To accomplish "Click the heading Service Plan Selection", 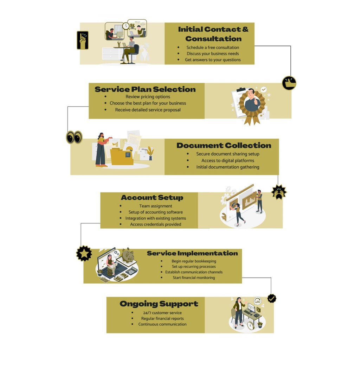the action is tap(145, 89).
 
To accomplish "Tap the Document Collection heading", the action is tap(224, 145).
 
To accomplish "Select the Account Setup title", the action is tap(152, 198).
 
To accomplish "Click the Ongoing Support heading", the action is tap(159, 304).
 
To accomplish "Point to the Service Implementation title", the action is tap(192, 253).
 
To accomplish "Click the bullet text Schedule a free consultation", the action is tap(213, 47).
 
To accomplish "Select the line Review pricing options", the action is tap(148, 97).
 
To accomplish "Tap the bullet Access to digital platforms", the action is tap(228, 160).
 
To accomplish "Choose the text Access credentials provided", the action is tap(156, 224).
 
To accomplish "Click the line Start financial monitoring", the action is tap(194, 278).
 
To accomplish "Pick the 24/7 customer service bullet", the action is tap(162, 313).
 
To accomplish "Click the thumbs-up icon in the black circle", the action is tap(289, 83).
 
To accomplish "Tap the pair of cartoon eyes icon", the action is tap(74, 137).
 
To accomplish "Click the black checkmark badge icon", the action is tap(272, 298).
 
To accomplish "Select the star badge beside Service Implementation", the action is tap(84, 253).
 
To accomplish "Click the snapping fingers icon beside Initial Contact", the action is tap(83, 40).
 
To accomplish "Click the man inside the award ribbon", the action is tap(252, 100).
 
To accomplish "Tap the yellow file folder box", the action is tap(122, 156).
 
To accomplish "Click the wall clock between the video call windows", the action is tap(126, 26).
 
